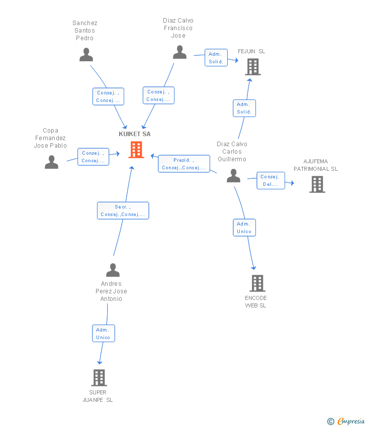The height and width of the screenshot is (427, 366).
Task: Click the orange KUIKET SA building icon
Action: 136,150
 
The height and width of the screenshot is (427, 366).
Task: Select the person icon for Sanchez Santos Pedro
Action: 86,54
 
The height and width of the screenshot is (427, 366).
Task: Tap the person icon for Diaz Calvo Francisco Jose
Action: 179,52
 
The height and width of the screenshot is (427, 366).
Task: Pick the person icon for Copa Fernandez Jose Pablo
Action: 51,162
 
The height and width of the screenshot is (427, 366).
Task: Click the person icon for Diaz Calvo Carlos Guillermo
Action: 234,176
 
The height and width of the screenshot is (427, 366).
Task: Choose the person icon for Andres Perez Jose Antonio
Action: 113,270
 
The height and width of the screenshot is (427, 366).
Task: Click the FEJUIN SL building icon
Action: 253,67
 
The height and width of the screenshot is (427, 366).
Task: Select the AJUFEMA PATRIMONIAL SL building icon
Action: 317,184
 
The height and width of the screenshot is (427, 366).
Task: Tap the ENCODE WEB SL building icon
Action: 257,283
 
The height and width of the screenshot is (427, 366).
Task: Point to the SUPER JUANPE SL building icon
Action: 99,378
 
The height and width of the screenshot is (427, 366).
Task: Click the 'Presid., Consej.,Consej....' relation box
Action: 184,164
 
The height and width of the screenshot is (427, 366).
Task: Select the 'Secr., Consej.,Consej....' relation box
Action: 123,210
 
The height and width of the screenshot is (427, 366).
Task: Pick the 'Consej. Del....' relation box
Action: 270,180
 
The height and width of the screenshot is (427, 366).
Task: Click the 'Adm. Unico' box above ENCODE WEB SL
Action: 244,228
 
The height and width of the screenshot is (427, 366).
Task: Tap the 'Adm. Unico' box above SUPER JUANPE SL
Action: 103,334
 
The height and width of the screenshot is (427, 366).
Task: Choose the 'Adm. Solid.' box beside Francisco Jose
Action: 216,57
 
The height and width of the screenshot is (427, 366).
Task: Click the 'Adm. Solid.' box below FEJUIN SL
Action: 244,108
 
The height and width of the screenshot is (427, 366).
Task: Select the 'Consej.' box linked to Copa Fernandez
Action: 93,157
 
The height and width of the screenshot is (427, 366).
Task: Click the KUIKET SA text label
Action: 135,134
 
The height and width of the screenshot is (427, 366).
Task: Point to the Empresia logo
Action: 346,421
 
